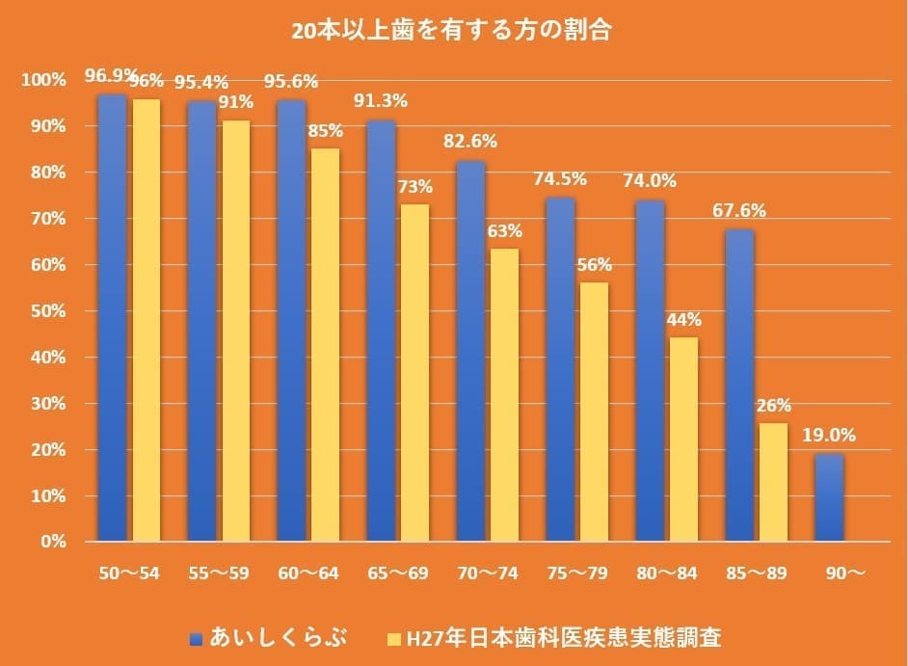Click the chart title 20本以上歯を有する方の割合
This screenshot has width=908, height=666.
pos(454,30)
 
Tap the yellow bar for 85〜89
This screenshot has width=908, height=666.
pos(772,482)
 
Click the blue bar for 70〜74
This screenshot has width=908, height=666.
pos(470,351)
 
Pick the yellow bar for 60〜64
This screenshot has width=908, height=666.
pos(325,344)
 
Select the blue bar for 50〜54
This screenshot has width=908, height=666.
pos(112,318)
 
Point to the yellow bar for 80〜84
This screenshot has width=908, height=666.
pos(683,440)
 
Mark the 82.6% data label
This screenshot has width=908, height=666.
pos(470,142)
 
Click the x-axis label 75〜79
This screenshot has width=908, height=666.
pos(577,573)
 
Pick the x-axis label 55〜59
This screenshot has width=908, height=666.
pos(221,573)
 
